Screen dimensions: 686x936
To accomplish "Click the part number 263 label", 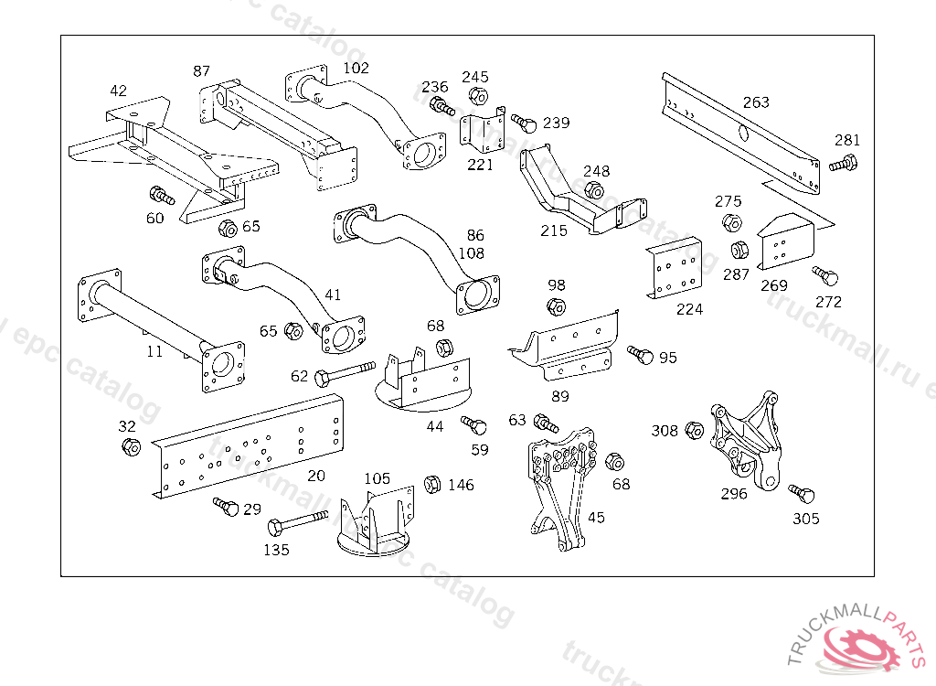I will (x=756, y=102).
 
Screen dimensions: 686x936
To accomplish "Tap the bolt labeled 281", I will (x=843, y=165).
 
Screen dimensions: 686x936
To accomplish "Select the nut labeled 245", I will (x=476, y=95).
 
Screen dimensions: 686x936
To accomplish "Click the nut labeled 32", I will (x=130, y=446).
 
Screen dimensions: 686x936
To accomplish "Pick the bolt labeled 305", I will (x=802, y=495).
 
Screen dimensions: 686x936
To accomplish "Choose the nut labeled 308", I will (x=693, y=431).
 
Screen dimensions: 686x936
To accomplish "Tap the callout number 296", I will (x=733, y=494).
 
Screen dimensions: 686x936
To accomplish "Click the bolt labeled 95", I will (x=640, y=354).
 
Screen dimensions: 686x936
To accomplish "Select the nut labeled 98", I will (x=556, y=305).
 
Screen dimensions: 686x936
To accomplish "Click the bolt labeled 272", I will (x=825, y=274).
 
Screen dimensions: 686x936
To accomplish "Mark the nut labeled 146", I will (x=433, y=483).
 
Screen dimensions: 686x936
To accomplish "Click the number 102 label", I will (x=356, y=68).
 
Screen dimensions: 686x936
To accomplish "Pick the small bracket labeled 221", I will (x=483, y=134).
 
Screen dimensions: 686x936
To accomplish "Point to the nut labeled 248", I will (x=592, y=190).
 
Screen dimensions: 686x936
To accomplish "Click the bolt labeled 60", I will (x=163, y=196).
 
